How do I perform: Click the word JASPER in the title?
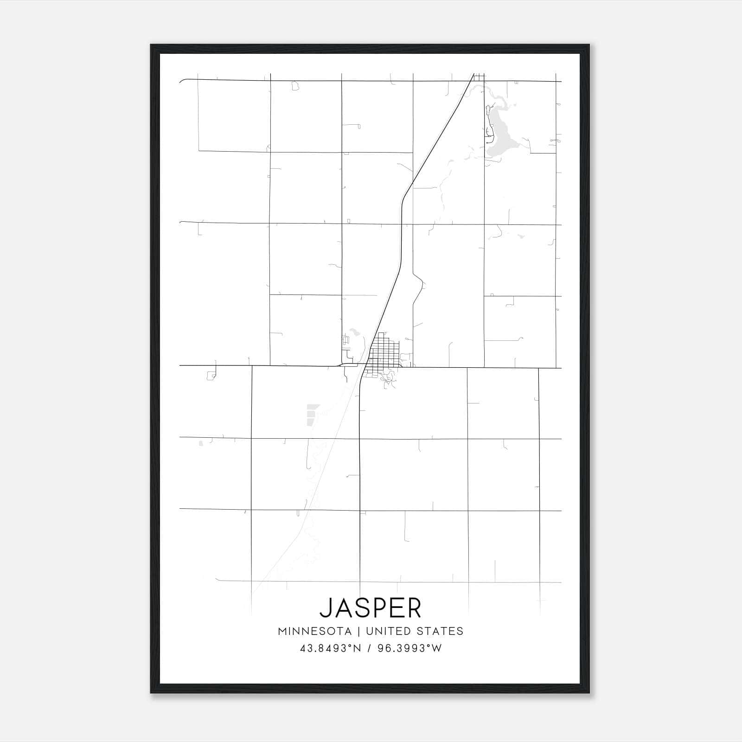point(371,608)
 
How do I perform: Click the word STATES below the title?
point(441,631)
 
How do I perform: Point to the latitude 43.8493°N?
point(330,648)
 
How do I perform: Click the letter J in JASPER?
point(326,608)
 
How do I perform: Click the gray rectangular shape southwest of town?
point(312,414)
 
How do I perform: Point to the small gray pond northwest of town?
point(355,332)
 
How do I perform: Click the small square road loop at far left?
point(211,375)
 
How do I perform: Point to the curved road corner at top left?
point(182,81)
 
